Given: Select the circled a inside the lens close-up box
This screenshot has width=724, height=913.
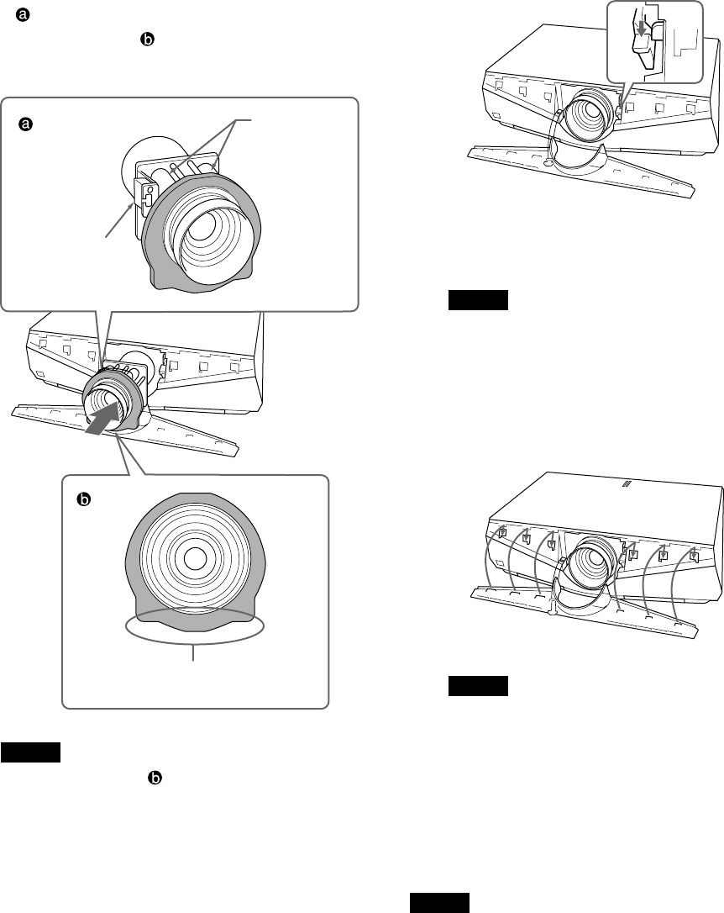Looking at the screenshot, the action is (x=26, y=124).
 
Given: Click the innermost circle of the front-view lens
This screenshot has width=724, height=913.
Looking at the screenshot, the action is (x=195, y=556).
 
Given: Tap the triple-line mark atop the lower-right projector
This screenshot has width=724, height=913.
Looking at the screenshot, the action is (x=625, y=483).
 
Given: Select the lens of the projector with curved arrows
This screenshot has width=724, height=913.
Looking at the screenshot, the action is (x=591, y=572).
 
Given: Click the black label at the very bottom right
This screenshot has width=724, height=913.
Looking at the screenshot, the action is (x=441, y=904).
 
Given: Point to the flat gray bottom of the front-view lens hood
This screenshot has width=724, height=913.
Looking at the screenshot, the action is (x=194, y=619).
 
